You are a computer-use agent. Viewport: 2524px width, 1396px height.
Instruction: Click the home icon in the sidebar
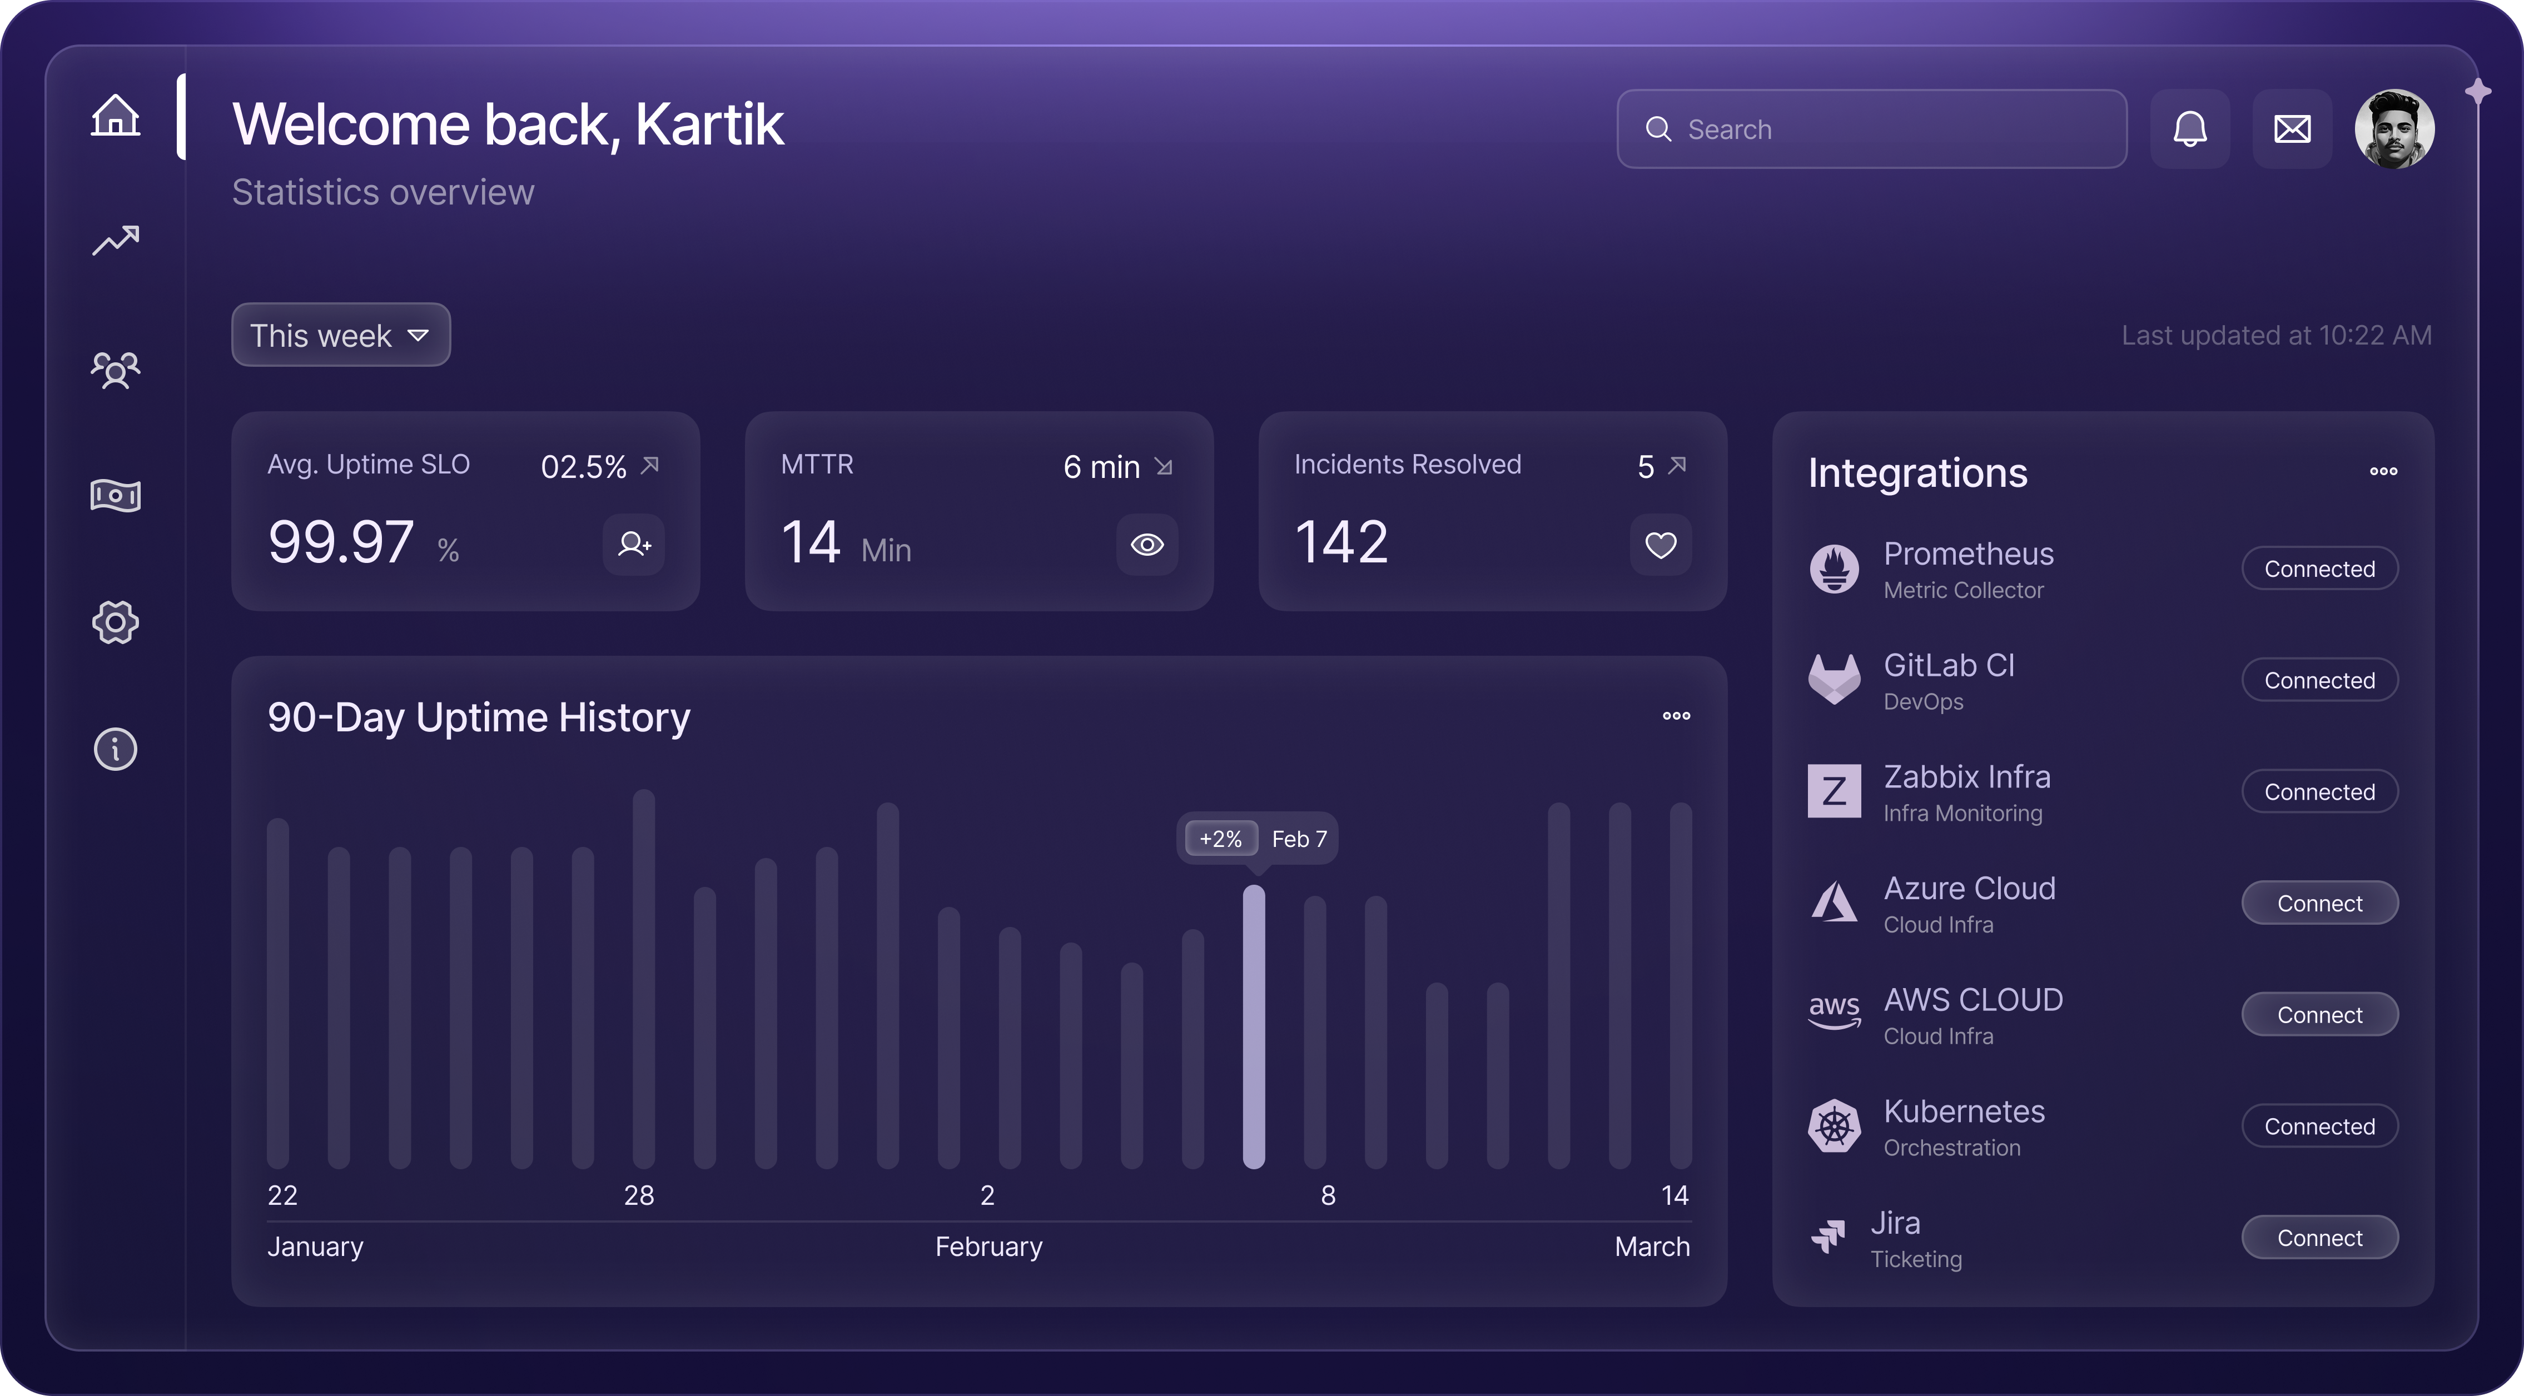coord(116,116)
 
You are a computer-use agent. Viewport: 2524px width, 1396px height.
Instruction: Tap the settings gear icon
coord(116,622)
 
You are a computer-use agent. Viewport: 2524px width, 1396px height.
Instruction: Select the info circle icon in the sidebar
coord(116,750)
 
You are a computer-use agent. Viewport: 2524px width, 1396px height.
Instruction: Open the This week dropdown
coord(340,335)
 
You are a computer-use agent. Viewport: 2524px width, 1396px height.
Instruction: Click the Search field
coord(1871,129)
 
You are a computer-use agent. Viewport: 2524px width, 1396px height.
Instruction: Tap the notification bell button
coord(2190,129)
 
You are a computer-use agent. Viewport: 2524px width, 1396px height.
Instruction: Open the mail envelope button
coord(2292,129)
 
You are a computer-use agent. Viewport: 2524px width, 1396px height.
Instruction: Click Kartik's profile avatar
coord(2394,129)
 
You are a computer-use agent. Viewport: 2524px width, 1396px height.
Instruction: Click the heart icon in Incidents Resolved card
coord(1660,545)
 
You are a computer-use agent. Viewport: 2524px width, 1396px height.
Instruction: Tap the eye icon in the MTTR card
coord(1146,545)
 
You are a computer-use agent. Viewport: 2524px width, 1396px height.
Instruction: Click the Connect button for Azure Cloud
coord(2319,903)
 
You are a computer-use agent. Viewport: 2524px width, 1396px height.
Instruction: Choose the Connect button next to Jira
coord(2319,1238)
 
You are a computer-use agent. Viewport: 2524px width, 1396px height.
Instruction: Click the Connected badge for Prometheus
coord(2319,569)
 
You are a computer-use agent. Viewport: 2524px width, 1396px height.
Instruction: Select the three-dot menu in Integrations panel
coord(2383,471)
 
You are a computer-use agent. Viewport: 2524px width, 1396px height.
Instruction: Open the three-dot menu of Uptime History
coord(1676,716)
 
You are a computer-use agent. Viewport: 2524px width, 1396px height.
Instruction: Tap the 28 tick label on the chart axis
coord(639,1195)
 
